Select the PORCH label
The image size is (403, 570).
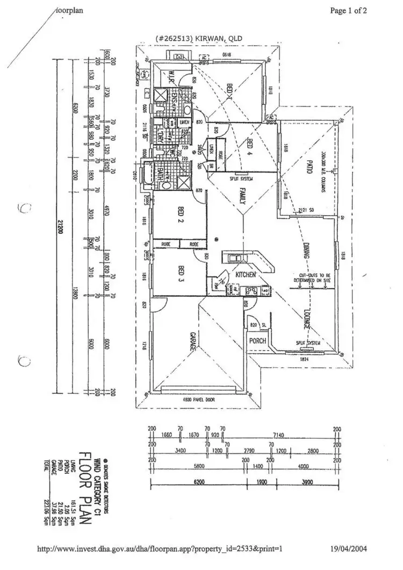click(255, 341)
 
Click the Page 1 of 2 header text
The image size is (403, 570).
click(348, 11)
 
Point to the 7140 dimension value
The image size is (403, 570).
click(278, 434)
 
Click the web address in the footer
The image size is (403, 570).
click(160, 549)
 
